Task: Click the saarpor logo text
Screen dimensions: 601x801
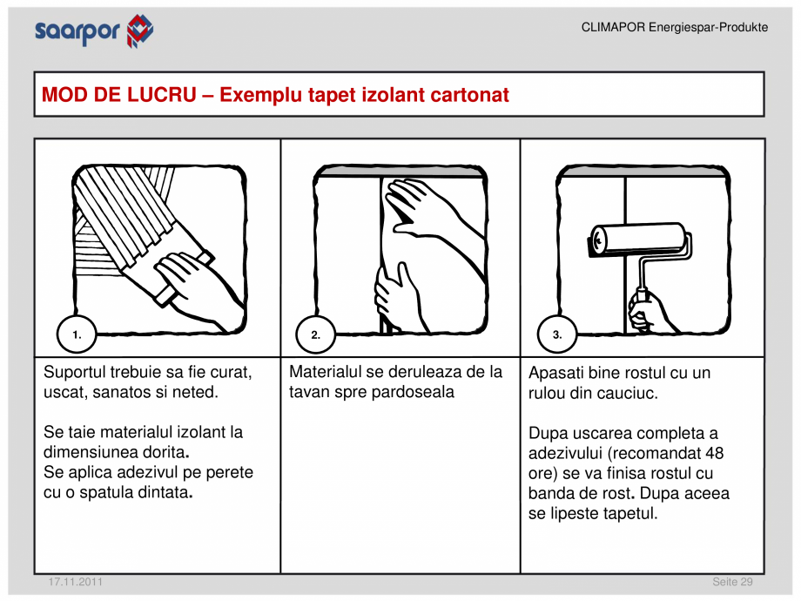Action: pos(77,32)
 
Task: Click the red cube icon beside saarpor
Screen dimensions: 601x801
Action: pos(139,30)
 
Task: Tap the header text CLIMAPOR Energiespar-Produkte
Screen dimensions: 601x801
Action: pos(674,28)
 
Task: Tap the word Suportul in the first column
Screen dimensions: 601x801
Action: pos(75,373)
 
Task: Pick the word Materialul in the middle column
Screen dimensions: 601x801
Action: pos(326,372)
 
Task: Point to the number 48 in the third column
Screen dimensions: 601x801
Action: pos(714,453)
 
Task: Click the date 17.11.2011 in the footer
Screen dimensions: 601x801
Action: pos(75,582)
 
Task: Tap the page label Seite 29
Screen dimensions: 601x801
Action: pos(732,582)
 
